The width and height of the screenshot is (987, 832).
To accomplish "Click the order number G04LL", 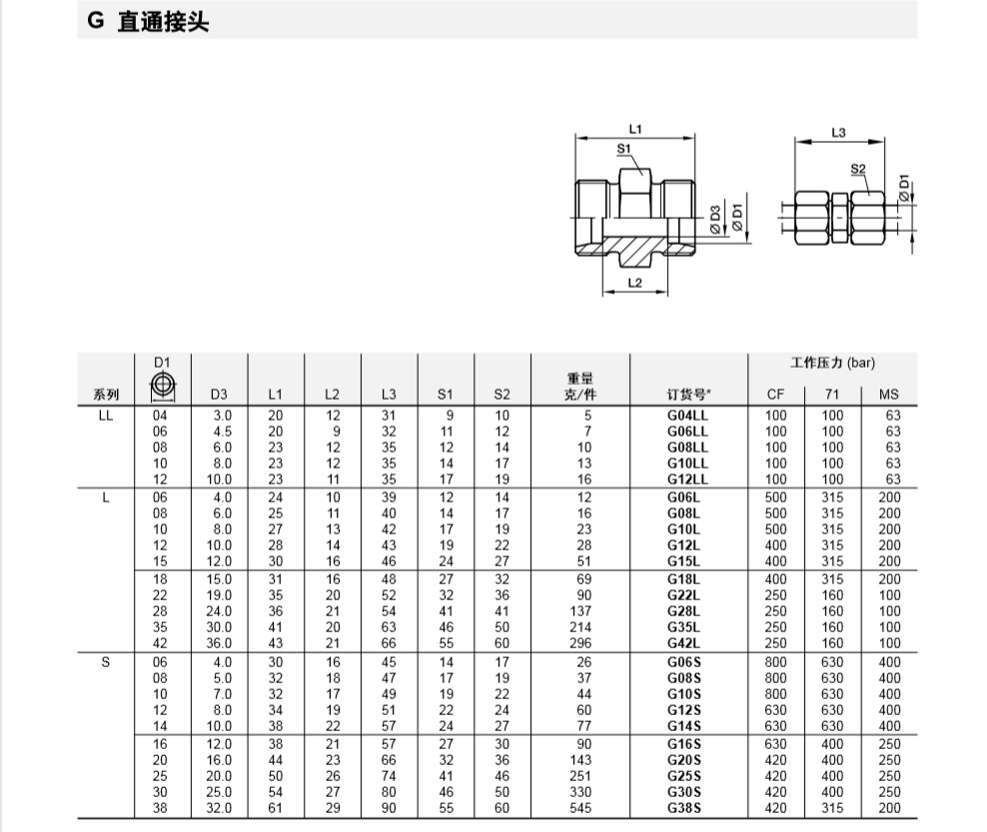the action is click(x=687, y=416).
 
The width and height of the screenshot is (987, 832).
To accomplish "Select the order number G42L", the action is click(x=683, y=643).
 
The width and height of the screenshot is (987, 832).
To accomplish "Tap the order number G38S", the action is click(x=684, y=808).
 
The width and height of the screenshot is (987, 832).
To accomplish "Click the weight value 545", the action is click(x=580, y=808).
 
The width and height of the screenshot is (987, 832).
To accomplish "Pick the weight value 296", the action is click(x=580, y=643).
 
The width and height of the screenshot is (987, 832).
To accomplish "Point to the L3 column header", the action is click(x=389, y=395).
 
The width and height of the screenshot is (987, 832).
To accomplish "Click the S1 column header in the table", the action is click(x=445, y=395).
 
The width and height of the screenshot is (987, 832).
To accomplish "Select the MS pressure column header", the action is click(x=889, y=395).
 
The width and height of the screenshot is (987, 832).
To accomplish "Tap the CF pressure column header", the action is click(x=775, y=395).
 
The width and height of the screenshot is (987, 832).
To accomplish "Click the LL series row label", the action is click(x=106, y=416).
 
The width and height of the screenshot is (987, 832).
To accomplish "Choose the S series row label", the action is click(x=106, y=662).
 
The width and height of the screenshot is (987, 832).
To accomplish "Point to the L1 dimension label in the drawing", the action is click(x=635, y=129).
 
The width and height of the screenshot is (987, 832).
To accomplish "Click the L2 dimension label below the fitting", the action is click(x=634, y=283).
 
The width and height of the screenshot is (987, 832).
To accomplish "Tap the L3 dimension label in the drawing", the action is click(x=838, y=133).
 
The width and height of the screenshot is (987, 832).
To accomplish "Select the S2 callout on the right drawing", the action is click(x=858, y=169).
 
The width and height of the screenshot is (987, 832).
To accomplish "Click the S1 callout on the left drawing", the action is click(x=623, y=149).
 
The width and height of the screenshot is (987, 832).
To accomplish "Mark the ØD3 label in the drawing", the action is click(x=715, y=219).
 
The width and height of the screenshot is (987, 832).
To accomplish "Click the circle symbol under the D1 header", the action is click(x=163, y=384).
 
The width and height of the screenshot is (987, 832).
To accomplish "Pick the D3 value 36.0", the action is click(x=219, y=643).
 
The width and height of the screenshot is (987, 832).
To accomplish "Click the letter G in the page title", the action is click(x=96, y=21).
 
